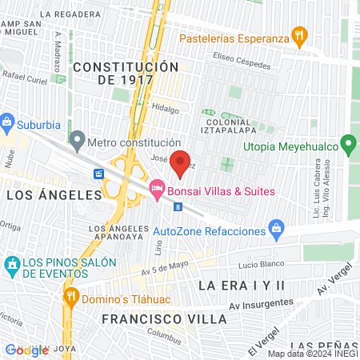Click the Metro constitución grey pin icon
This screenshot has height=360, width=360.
tap(77, 141)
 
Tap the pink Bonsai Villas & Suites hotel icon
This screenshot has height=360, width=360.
tap(157, 190)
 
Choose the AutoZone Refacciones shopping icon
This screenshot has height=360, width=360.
tap(276, 230)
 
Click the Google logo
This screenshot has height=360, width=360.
tap(26, 350)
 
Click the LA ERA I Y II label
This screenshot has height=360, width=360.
tap(242, 285)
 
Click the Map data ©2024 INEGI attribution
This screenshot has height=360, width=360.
tap(312, 354)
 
